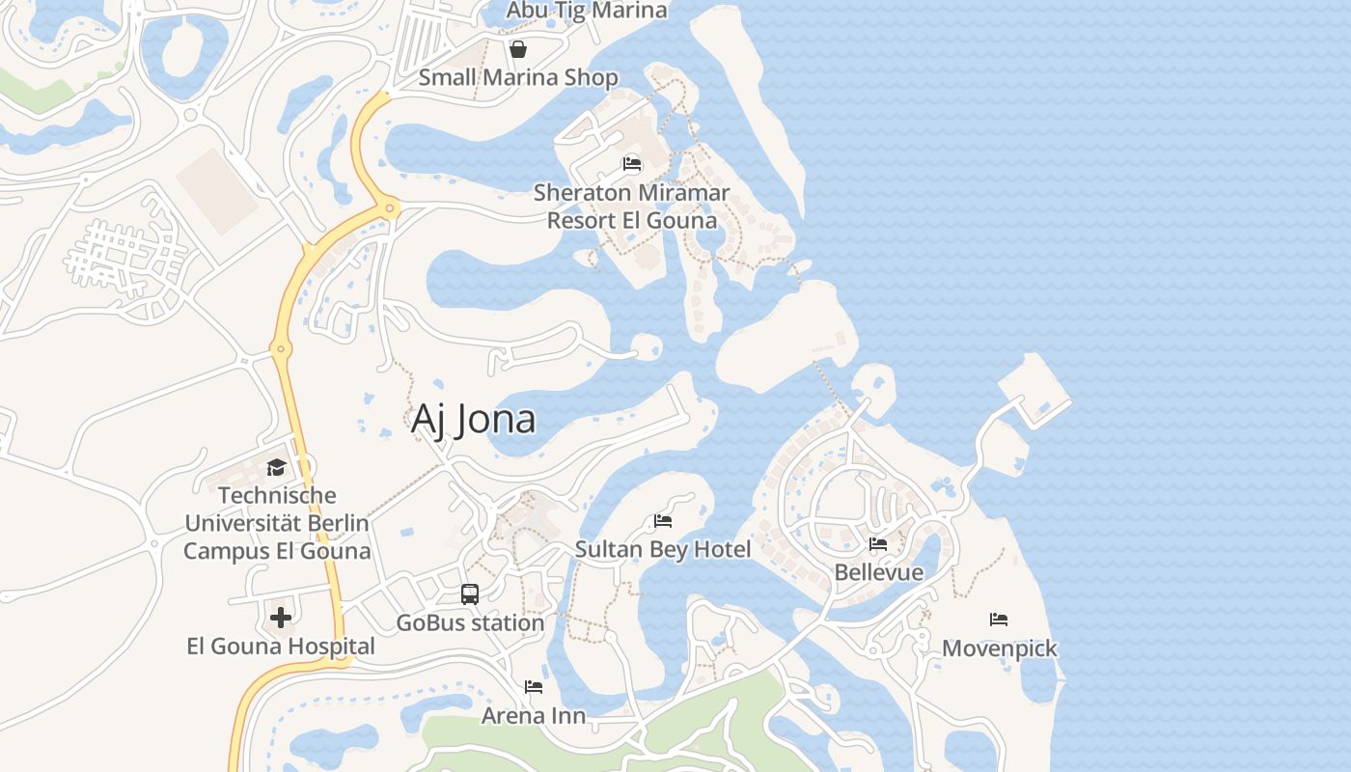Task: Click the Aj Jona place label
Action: [x=473, y=420]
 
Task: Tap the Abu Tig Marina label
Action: [x=587, y=11]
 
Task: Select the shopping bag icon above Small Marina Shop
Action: [x=518, y=49]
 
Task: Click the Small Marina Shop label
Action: [x=518, y=78]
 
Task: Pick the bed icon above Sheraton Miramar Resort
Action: [x=632, y=164]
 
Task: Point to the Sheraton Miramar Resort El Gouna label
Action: [x=632, y=207]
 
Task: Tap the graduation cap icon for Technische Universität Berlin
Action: [x=277, y=468]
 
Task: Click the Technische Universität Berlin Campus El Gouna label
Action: [x=277, y=523]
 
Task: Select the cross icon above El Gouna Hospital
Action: [x=281, y=618]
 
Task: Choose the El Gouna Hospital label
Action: [x=281, y=647]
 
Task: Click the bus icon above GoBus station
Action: [x=470, y=594]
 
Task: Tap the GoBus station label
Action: [x=470, y=623]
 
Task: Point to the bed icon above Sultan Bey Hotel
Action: [x=663, y=521]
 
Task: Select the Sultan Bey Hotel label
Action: [x=663, y=550]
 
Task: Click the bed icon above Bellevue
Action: [x=878, y=544]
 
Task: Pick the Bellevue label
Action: [x=878, y=572]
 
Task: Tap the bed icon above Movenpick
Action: [x=999, y=620]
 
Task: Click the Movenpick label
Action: [x=999, y=648]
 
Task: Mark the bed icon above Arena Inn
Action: [x=534, y=687]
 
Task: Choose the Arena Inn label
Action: [x=534, y=716]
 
